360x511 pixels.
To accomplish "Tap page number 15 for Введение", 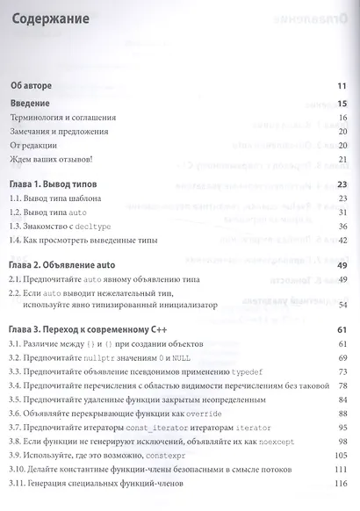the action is (343, 104).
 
